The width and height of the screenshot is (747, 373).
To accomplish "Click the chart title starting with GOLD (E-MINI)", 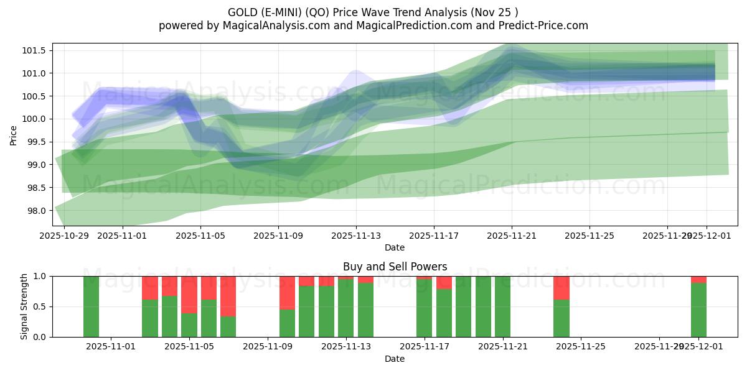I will tap(373, 12).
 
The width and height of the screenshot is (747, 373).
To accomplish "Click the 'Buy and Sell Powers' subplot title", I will tap(395, 267).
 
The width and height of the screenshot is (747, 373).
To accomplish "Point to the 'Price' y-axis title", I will tap(14, 134).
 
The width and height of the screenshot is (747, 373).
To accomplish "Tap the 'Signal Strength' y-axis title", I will tap(24, 306).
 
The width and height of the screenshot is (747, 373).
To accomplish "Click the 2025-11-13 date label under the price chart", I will tap(356, 236).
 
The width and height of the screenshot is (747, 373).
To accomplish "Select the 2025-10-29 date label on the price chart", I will tap(64, 236).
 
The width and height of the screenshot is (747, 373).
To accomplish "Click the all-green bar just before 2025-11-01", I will tap(91, 306).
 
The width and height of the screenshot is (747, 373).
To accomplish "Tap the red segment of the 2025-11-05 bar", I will tap(189, 295).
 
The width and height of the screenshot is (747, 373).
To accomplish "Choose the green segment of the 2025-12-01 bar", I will tap(698, 310).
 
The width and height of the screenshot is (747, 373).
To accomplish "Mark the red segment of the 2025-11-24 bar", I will tap(561, 288).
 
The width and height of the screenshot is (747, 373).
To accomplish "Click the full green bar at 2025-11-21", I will tap(502, 306).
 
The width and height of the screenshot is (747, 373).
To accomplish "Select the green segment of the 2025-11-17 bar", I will tap(424, 308).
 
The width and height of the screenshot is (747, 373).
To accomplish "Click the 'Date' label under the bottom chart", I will tap(395, 359).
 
